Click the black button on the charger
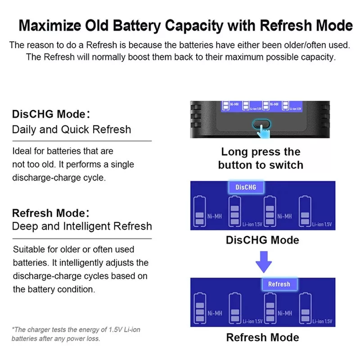click(x=261, y=124)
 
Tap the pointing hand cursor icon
click(x=263, y=131)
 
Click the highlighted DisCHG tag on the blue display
click(x=246, y=187)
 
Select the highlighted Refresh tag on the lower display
click(x=279, y=284)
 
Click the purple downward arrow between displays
click(x=264, y=262)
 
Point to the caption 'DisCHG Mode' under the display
click(x=262, y=240)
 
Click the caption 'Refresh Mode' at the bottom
click(x=263, y=337)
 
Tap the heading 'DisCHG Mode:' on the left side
click(x=51, y=114)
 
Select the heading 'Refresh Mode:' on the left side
click(x=51, y=213)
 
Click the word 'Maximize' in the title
click(x=50, y=25)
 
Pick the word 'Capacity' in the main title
click(x=194, y=26)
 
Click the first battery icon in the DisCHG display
click(x=199, y=211)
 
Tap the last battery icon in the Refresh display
click(x=306, y=308)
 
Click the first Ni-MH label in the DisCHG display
click(x=215, y=216)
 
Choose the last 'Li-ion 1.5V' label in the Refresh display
click(x=322, y=321)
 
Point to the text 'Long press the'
click(x=261, y=152)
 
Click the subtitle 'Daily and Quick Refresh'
click(x=72, y=130)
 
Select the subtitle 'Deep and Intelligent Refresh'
click(x=82, y=226)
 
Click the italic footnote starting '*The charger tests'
click(x=76, y=334)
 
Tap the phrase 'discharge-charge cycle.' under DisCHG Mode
click(x=59, y=178)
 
